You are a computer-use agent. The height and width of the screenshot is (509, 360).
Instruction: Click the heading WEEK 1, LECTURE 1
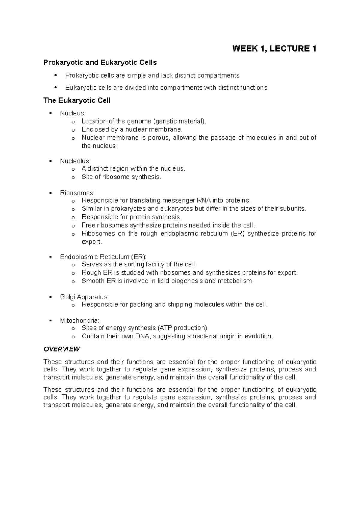pos(274,49)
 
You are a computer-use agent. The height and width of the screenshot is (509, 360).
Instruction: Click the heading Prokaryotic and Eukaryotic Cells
pos(100,63)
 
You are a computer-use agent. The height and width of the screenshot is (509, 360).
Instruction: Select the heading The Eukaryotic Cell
pos(77,100)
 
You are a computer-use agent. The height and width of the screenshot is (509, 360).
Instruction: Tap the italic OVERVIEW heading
pos(61,349)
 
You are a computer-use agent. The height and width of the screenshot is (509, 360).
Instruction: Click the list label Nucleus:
pos(73,113)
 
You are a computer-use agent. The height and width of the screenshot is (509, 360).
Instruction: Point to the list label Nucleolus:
pos(75,161)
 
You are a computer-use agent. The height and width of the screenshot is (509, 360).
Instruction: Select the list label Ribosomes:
pos(77,193)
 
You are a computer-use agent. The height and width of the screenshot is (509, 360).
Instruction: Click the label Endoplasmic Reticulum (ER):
pos(103,257)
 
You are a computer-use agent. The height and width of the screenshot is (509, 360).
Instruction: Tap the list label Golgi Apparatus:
pos(84,297)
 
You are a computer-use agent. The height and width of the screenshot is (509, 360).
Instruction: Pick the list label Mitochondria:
pos(79,320)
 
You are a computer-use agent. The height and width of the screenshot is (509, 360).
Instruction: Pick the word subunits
pos(293,209)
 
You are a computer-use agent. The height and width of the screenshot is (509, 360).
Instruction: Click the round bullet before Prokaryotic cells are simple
pos(55,75)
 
